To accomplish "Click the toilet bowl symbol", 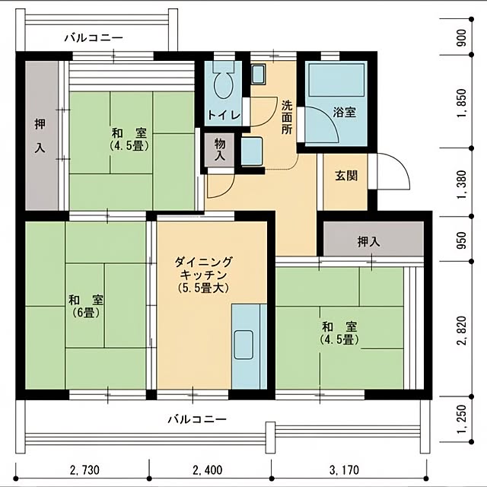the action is point(223,83).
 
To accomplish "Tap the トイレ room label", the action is point(224,116).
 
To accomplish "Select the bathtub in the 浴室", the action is point(336,80).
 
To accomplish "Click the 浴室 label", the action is point(345,112).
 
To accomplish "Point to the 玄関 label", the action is point(346,176).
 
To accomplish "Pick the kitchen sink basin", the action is point(243,345).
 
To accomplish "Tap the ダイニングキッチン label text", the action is point(203,275).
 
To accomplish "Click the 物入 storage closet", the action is point(220,150).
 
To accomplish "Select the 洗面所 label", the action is point(287,117).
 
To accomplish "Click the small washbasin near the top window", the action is point(258,75).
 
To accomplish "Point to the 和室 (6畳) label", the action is point(86,307).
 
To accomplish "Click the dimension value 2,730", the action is point(84,470).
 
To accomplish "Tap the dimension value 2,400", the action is point(208,470).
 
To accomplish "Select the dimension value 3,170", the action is point(344,470).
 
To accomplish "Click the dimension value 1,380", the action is point(463,184).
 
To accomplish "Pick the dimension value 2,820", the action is point(463,330).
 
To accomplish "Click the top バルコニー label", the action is point(94,38).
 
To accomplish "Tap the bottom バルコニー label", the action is point(197,419).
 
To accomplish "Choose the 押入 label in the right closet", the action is point(369,242).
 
